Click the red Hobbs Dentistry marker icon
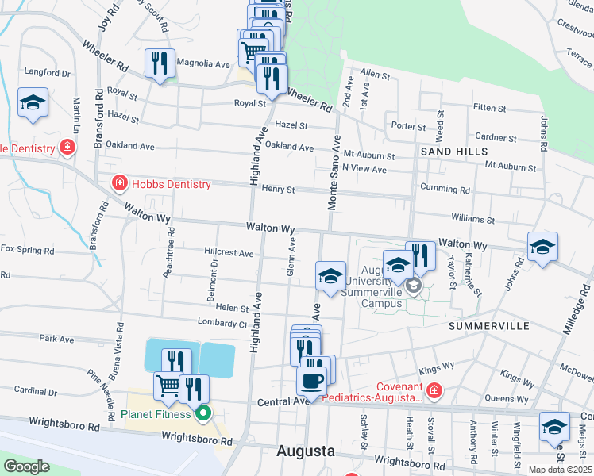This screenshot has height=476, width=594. [x=119, y=184]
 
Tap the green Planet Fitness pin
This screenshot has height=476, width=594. [x=203, y=413]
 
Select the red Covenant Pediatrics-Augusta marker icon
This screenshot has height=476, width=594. [x=434, y=390]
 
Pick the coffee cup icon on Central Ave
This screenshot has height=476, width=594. [x=311, y=382]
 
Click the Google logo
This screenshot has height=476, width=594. [x=26, y=466]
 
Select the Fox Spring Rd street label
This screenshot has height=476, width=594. [x=27, y=249]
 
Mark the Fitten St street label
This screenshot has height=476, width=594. [x=489, y=107]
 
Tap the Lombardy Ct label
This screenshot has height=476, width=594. [x=224, y=324]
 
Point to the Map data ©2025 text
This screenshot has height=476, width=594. [x=559, y=470]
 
